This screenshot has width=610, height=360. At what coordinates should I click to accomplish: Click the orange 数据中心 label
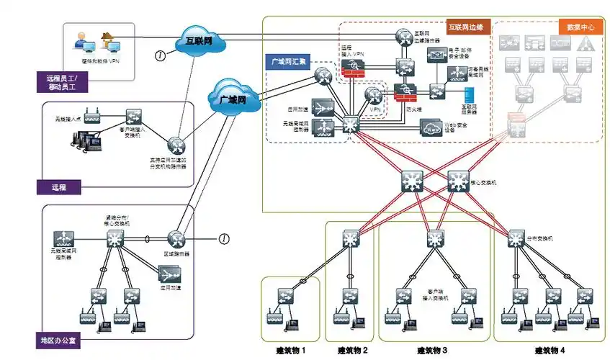click(580, 27)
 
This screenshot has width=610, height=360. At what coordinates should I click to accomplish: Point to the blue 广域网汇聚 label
click(289, 63)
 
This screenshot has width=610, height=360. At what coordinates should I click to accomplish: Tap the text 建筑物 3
click(432, 351)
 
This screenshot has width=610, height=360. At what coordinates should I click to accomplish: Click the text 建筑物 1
click(291, 351)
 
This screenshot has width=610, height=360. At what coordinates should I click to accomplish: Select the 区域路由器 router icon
click(176, 238)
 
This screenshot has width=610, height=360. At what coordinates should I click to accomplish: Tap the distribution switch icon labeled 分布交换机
click(516, 237)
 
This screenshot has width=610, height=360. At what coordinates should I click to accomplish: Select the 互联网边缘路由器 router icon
click(401, 35)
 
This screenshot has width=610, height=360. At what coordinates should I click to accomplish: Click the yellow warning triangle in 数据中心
click(587, 42)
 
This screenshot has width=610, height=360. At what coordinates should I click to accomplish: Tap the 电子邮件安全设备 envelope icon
click(436, 55)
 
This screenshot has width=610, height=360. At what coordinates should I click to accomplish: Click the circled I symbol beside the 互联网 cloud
click(161, 55)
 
